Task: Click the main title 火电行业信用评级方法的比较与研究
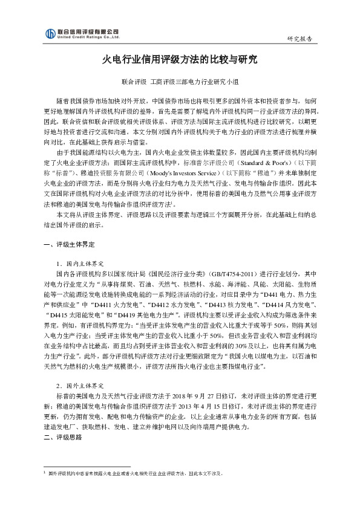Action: (180, 60)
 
